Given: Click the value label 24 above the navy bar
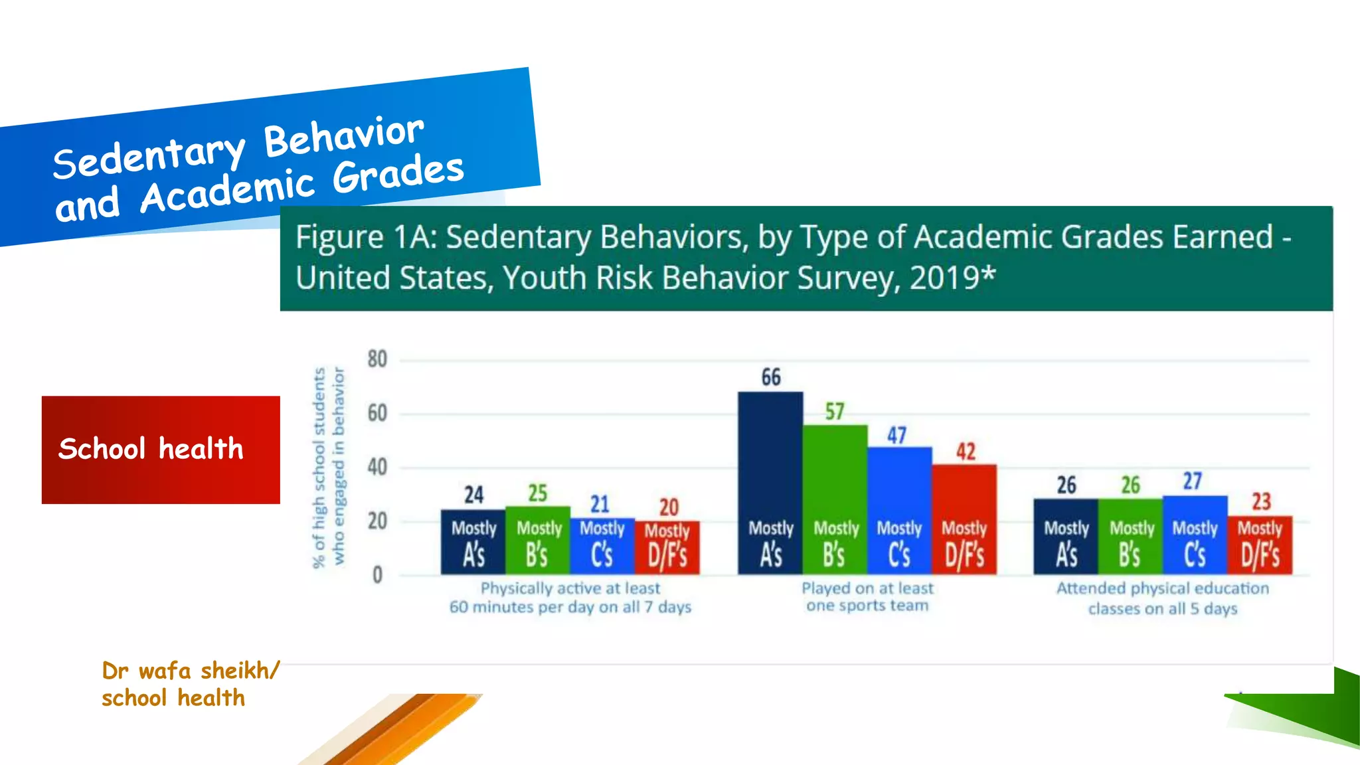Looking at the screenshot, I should pyautogui.click(x=473, y=495).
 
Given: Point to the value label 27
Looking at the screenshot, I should pyautogui.click(x=1193, y=481).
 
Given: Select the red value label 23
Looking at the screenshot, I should pyautogui.click(x=1261, y=501).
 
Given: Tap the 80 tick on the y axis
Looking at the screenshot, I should pyautogui.click(x=377, y=359).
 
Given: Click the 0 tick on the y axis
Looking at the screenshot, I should pyautogui.click(x=377, y=575).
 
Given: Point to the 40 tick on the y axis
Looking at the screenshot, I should pyautogui.click(x=377, y=467).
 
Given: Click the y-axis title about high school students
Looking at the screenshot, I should pyautogui.click(x=328, y=467).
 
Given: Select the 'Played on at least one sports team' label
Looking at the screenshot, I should pyautogui.click(x=867, y=597).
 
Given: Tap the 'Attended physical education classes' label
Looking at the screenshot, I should pyautogui.click(x=1163, y=598).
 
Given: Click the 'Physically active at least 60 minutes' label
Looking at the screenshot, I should pyautogui.click(x=570, y=598).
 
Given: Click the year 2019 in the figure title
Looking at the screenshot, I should pyautogui.click(x=946, y=278).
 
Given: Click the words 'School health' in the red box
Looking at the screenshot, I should pyautogui.click(x=151, y=449).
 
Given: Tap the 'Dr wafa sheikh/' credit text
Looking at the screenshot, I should pyautogui.click(x=191, y=671).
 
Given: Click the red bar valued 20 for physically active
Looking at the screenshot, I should pyautogui.click(x=668, y=548).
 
